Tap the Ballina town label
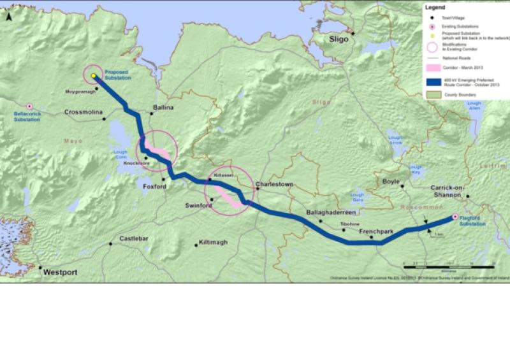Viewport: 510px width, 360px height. [x=163, y=108]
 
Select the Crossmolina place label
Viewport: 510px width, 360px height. [x=83, y=112]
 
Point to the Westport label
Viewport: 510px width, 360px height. [x=60, y=272]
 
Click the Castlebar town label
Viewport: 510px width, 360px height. [x=134, y=238]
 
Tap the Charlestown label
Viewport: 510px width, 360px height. [x=275, y=184]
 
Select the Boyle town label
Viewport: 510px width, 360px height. [x=391, y=181]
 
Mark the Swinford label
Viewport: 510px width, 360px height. [x=198, y=205]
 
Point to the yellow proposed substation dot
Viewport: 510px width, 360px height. [x=93, y=76]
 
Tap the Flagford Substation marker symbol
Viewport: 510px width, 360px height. [x=455, y=217]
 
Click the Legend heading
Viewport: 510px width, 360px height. [x=435, y=8]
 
